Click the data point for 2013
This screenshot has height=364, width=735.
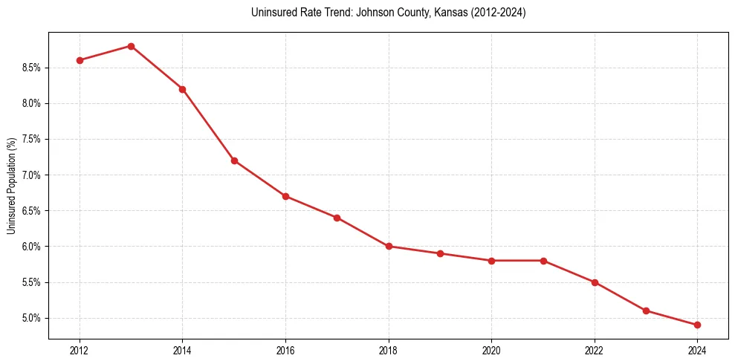[131, 46]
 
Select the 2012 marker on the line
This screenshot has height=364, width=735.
[80, 60]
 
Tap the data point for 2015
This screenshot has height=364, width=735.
[234, 160]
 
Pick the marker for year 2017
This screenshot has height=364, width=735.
[337, 218]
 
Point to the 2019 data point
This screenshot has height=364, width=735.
[440, 253]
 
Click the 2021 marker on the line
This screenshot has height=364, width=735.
[543, 261]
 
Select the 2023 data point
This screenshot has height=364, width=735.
[646, 311]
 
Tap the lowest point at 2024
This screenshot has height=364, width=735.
[697, 325]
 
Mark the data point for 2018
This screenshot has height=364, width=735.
[389, 246]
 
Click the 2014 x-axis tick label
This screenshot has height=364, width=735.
[182, 349]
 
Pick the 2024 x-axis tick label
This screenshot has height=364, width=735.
[697, 349]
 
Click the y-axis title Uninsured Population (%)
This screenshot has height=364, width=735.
[12, 186]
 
